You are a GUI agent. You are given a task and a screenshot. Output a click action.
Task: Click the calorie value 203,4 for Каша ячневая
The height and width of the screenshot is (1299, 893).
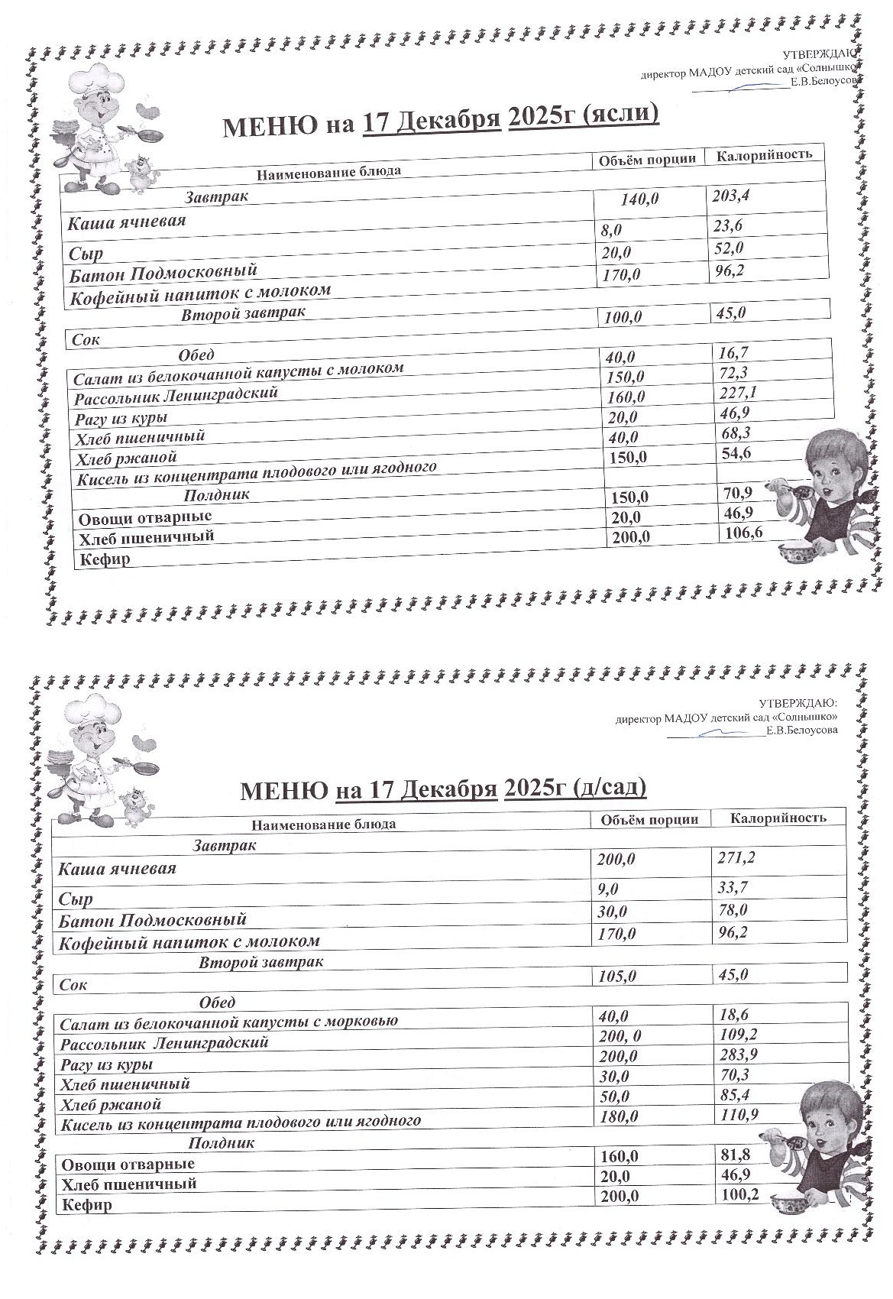click(x=731, y=196)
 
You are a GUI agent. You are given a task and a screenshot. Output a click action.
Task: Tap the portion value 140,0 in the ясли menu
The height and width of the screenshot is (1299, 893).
click(x=639, y=199)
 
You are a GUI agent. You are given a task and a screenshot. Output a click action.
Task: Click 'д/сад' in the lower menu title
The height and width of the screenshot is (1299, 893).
click(x=609, y=786)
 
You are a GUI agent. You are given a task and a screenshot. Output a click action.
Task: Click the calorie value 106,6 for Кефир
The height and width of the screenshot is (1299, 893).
click(x=742, y=533)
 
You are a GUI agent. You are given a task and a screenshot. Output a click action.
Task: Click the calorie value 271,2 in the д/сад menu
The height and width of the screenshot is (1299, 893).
click(x=736, y=857)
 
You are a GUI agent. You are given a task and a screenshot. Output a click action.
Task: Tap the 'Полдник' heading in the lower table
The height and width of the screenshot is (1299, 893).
click(x=222, y=1143)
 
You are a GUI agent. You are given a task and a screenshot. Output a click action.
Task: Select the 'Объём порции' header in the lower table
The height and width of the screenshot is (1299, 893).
click(x=649, y=819)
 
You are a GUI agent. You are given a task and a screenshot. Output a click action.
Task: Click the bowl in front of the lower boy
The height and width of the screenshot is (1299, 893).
click(x=790, y=1205)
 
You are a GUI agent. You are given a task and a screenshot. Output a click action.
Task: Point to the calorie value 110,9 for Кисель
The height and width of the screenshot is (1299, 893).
click(x=739, y=1115)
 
